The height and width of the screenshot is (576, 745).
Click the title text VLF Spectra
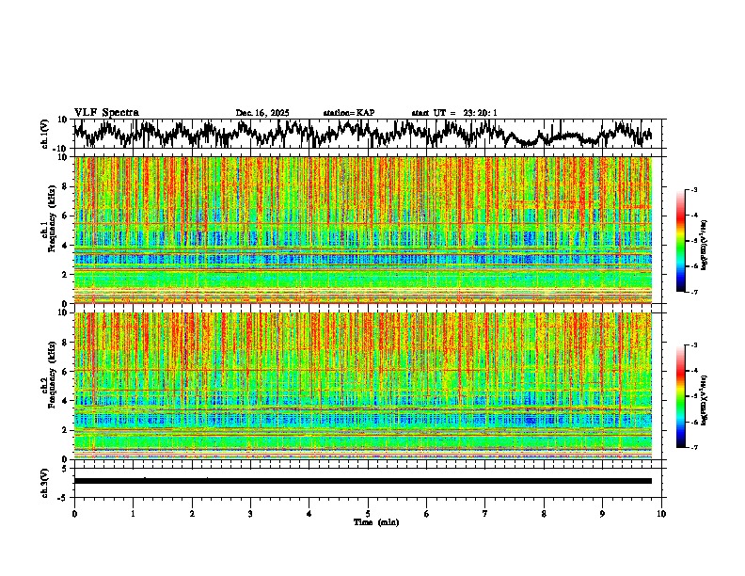coord(106,112)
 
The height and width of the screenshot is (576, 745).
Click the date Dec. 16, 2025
coord(262,113)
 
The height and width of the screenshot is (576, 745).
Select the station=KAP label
coord(349,113)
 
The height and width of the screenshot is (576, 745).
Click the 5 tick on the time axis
coord(368,513)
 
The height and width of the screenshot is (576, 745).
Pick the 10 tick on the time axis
coord(661,513)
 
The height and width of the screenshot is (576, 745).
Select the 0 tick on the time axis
coord(74,513)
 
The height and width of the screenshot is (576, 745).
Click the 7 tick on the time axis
coord(485,513)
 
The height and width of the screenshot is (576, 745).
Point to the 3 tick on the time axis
coord(250,513)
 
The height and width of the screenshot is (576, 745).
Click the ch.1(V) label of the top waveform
coord(45,134)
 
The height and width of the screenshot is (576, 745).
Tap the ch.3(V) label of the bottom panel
coord(45,480)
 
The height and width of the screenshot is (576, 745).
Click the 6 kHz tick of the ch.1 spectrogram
coord(64,216)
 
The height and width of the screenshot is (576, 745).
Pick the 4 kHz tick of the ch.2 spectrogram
coord(64,401)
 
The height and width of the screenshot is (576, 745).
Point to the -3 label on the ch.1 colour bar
coord(704,191)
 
